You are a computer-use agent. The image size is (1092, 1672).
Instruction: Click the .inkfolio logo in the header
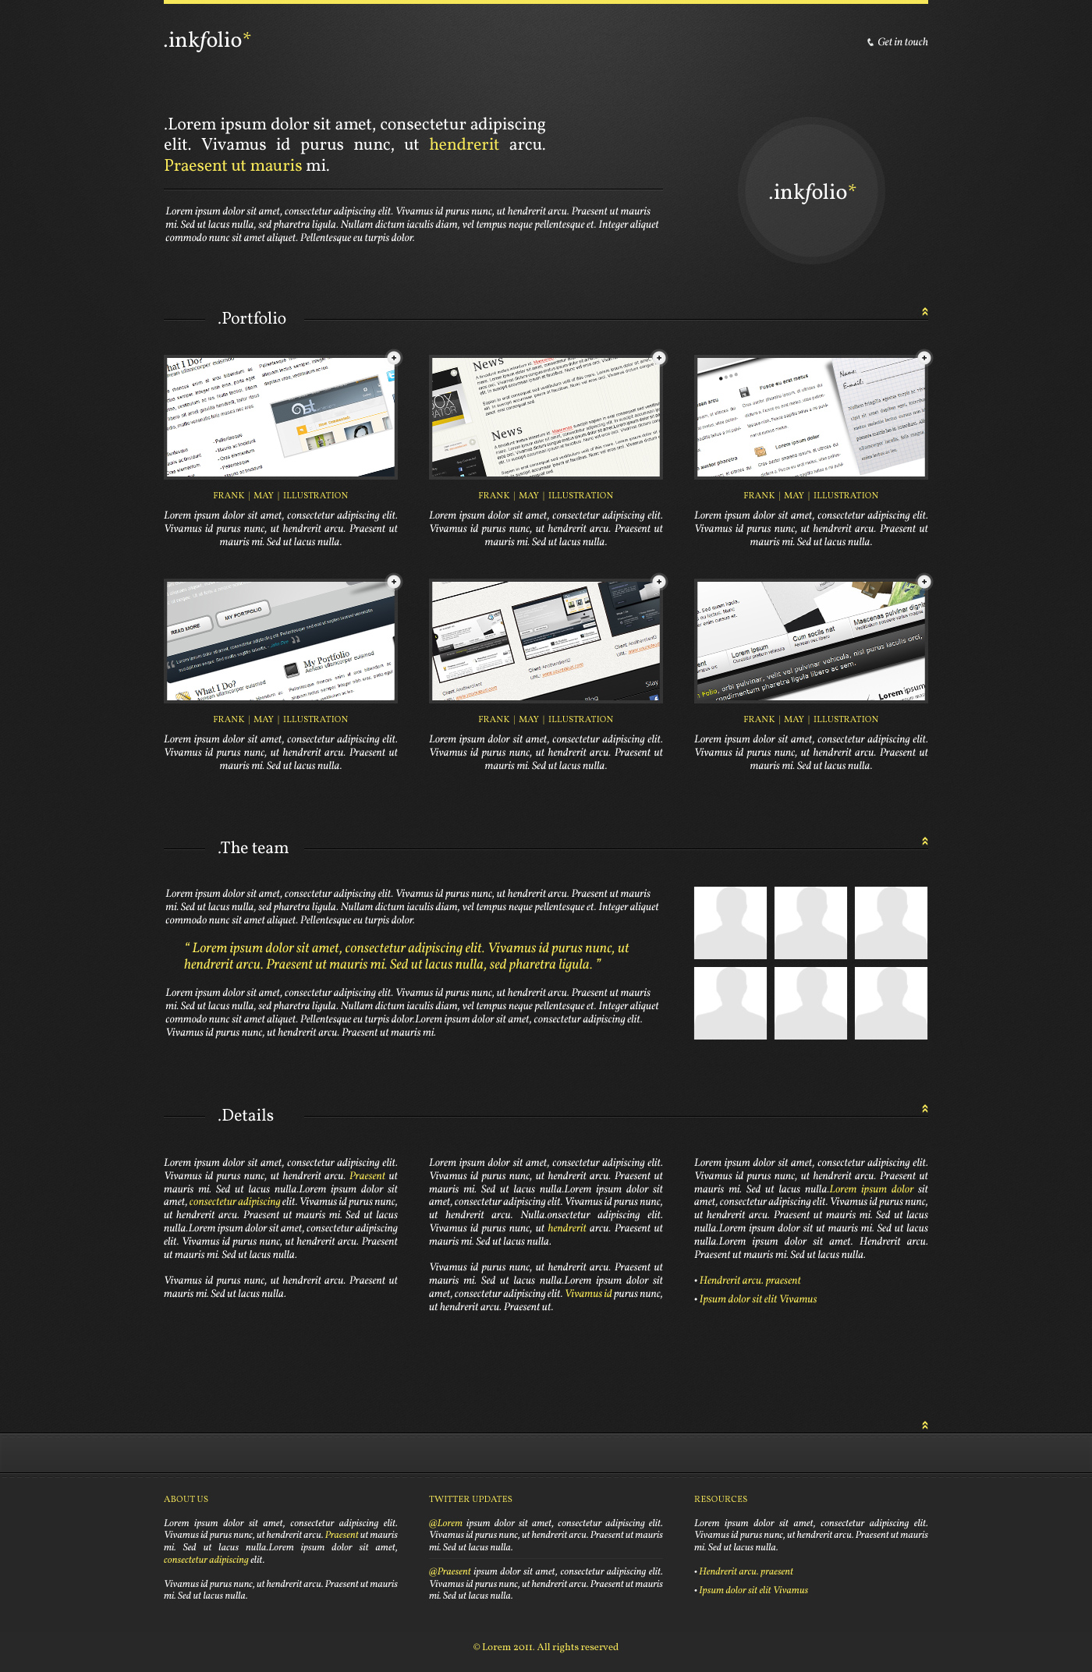click(207, 40)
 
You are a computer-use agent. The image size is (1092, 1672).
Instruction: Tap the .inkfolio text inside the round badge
click(811, 192)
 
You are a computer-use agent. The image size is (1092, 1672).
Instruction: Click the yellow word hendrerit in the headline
click(463, 144)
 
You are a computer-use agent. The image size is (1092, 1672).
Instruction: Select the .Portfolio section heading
click(253, 318)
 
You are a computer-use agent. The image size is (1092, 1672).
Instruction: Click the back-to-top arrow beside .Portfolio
click(925, 312)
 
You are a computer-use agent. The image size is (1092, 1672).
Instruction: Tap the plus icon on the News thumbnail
click(659, 358)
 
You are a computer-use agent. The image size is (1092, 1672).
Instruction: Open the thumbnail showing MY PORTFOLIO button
click(281, 641)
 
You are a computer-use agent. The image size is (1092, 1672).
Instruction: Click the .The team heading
click(253, 848)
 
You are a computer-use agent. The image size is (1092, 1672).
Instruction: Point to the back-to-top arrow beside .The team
click(925, 841)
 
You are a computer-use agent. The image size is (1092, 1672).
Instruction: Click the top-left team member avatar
click(730, 923)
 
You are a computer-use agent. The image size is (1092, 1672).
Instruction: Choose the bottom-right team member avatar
click(891, 1003)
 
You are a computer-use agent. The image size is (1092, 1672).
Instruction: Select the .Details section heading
click(246, 1115)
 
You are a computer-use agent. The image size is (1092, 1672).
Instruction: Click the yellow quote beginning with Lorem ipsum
click(406, 956)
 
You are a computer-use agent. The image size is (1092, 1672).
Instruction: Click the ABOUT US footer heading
click(186, 1499)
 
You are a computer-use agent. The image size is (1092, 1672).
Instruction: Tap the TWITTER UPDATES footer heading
click(470, 1499)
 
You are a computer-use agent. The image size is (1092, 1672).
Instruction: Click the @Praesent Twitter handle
click(450, 1571)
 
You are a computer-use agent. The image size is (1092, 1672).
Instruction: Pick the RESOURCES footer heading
click(721, 1499)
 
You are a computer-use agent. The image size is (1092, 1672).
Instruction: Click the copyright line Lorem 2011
click(546, 1647)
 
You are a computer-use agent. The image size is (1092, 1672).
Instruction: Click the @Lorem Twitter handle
click(445, 1523)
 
